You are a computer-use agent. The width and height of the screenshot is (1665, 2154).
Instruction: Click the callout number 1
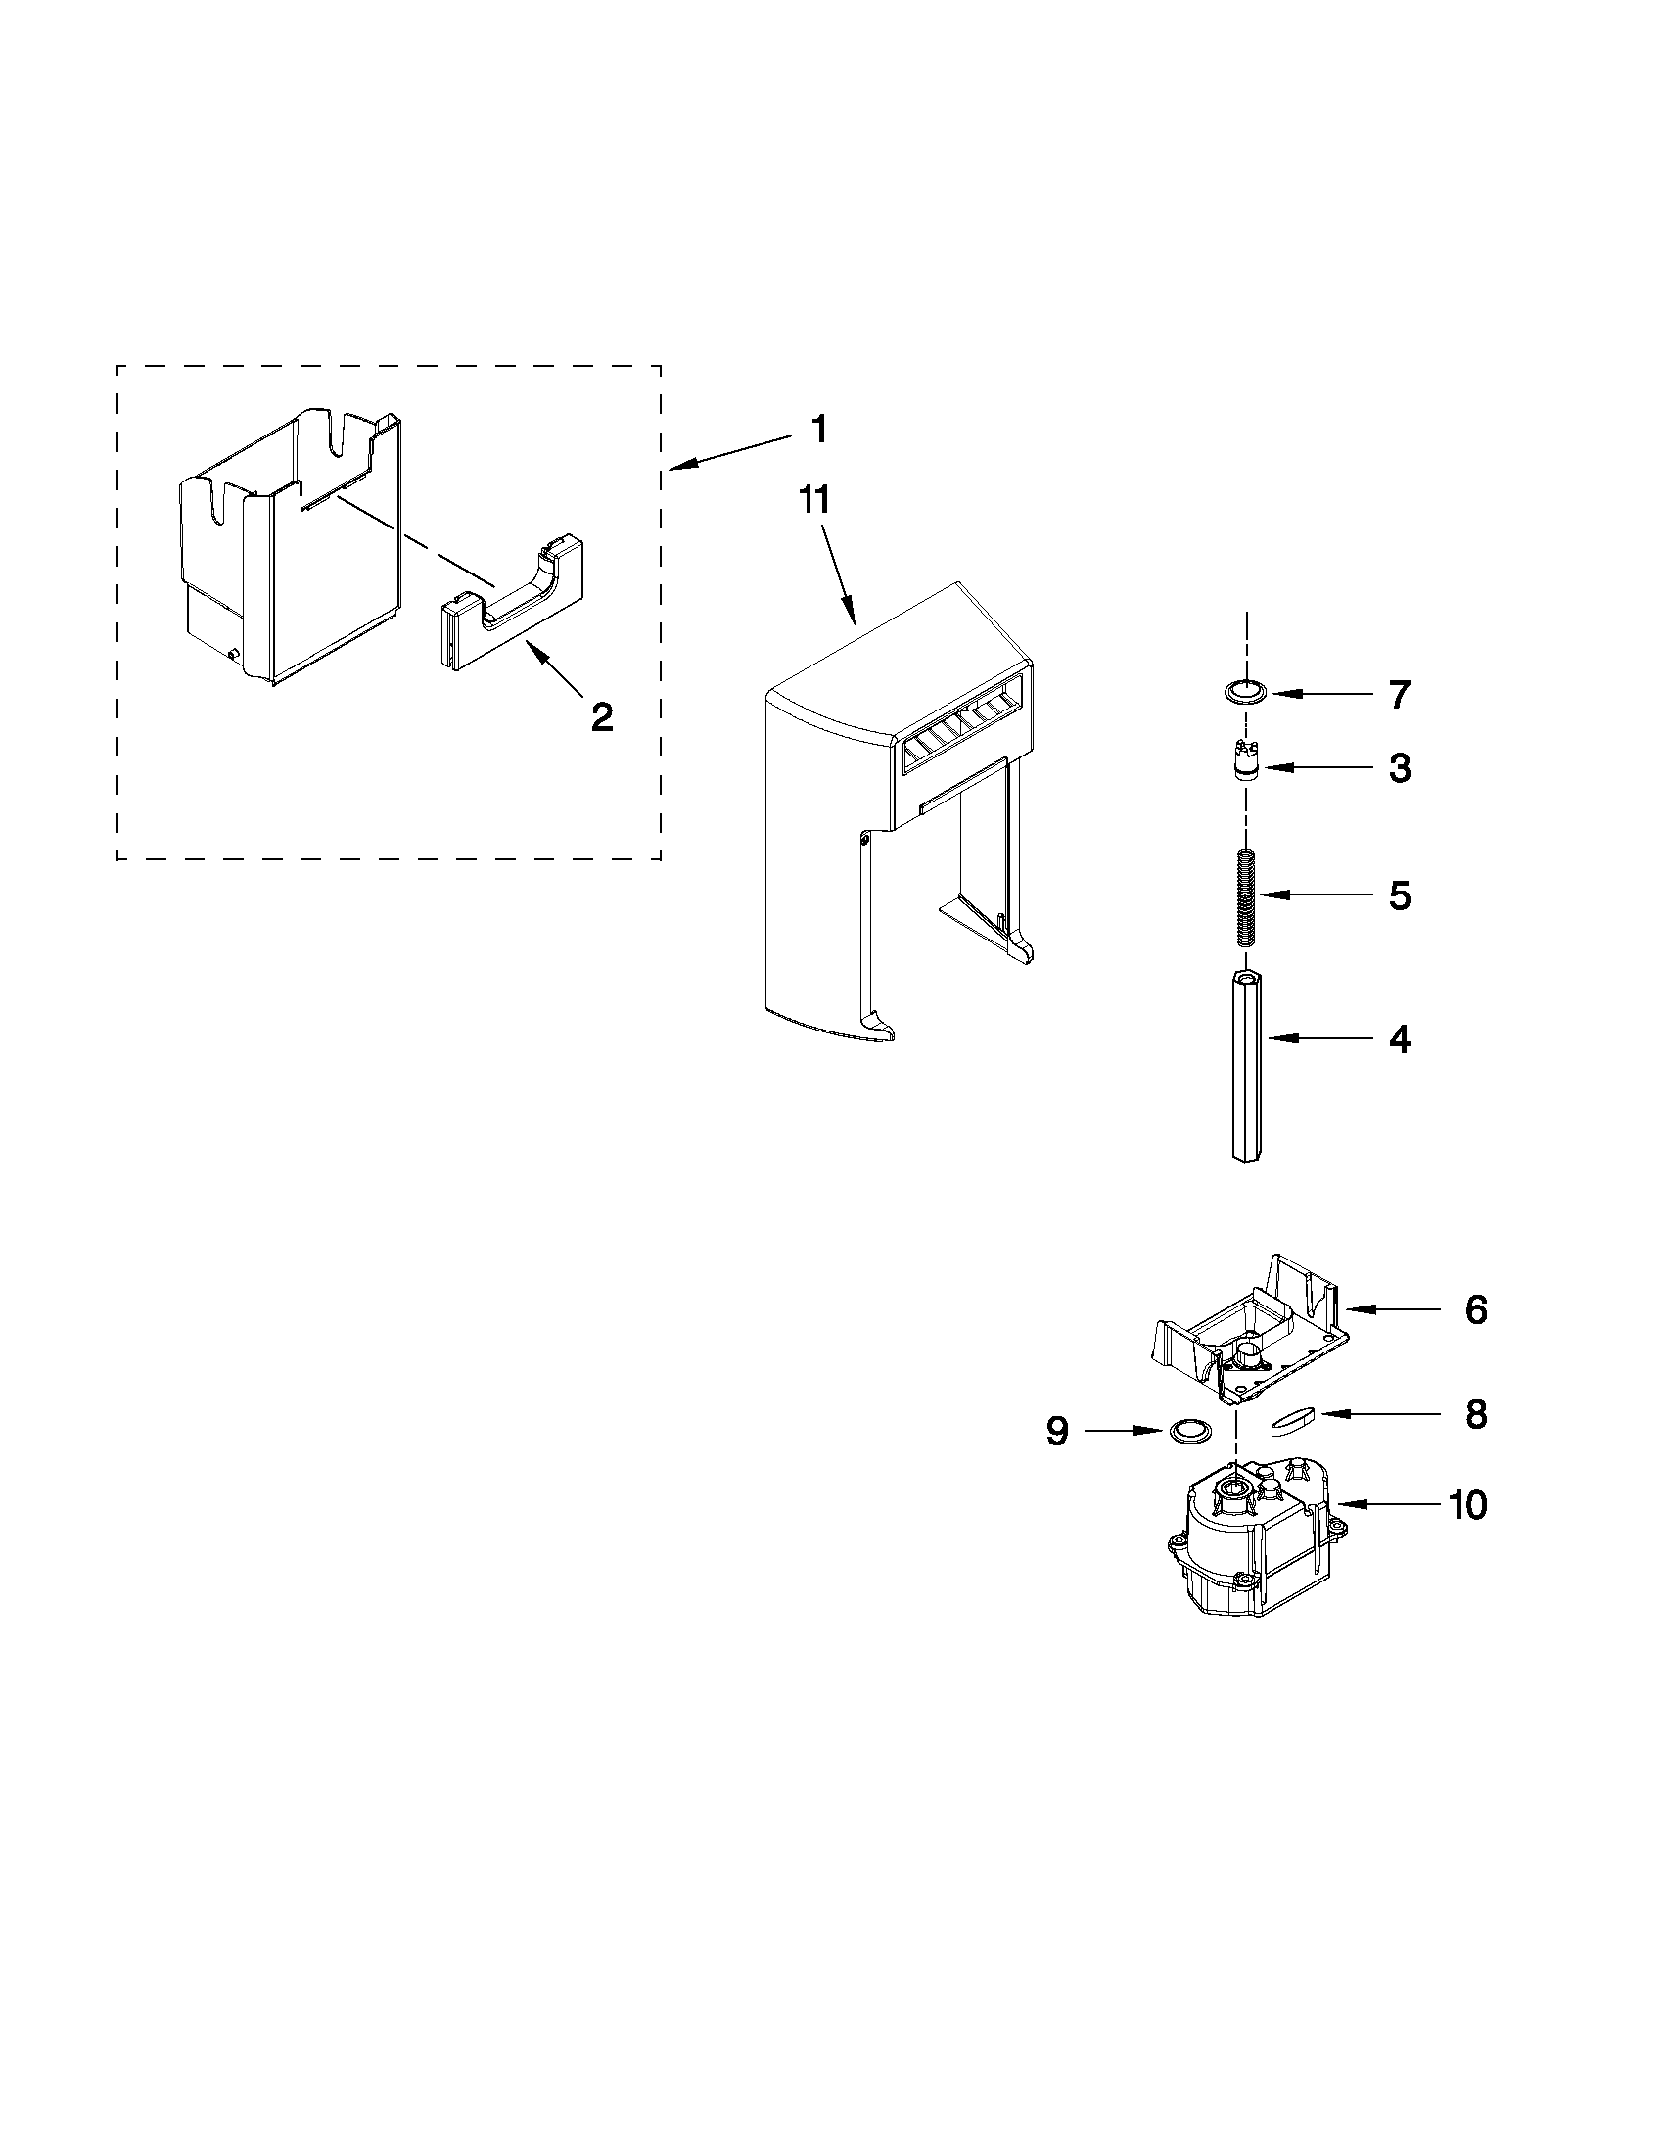817,431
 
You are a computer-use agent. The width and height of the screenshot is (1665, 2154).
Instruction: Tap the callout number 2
602,716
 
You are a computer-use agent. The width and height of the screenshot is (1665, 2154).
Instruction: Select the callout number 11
814,501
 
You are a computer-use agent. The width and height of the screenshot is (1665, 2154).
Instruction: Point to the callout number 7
1400,695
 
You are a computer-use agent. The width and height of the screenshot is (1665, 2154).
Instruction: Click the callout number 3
1400,768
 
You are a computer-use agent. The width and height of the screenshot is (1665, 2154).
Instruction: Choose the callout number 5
1400,895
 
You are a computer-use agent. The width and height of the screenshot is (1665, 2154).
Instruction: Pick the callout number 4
1400,1039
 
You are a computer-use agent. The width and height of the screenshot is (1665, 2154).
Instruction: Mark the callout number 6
1476,1309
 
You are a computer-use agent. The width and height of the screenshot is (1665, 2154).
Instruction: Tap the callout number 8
1476,1415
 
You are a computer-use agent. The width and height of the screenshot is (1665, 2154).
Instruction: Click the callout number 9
1057,1431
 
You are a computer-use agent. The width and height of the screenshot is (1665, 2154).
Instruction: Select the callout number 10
1467,1505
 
